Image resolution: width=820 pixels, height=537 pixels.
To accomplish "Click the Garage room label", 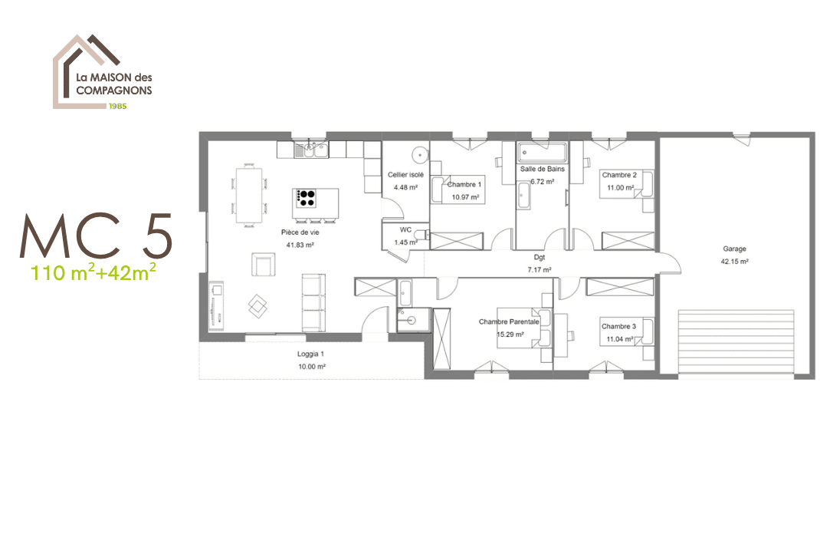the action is (734, 249).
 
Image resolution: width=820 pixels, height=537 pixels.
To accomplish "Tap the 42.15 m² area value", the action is (734, 262).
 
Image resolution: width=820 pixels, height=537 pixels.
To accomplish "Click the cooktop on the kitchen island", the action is (307, 198).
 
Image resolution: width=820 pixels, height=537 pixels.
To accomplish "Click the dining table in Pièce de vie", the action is (249, 194).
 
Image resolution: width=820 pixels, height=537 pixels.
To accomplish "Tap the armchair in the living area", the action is (263, 265).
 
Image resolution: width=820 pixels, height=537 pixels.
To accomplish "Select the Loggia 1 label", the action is (310, 354).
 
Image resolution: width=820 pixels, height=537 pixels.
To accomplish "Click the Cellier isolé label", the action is (406, 175).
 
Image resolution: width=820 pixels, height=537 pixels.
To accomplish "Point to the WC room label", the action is (406, 230).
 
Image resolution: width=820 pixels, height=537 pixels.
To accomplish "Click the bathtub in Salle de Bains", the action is (543, 153).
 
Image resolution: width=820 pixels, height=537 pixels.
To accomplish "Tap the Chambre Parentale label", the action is (509, 322).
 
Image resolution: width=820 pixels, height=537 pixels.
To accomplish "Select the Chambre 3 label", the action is (618, 327).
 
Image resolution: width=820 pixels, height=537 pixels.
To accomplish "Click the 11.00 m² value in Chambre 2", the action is (621, 188).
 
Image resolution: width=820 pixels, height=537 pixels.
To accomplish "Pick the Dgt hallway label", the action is (540, 258).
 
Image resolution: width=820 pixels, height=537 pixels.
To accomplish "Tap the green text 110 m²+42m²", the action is (93, 272).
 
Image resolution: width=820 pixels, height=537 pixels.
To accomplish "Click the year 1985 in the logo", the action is (117, 106).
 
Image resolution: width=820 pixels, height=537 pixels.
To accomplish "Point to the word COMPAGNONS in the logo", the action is (114, 90).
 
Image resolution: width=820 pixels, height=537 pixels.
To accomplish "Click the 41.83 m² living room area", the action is (300, 245).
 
